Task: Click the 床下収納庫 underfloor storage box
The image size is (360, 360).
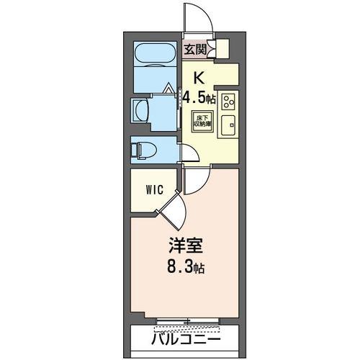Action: (201, 120)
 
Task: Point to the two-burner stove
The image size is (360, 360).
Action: (229, 100)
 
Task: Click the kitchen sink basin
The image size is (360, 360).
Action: (228, 125)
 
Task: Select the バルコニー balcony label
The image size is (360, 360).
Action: (185, 338)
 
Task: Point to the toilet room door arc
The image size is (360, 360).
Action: (189, 153)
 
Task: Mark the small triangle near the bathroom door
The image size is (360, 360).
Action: (169, 89)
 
